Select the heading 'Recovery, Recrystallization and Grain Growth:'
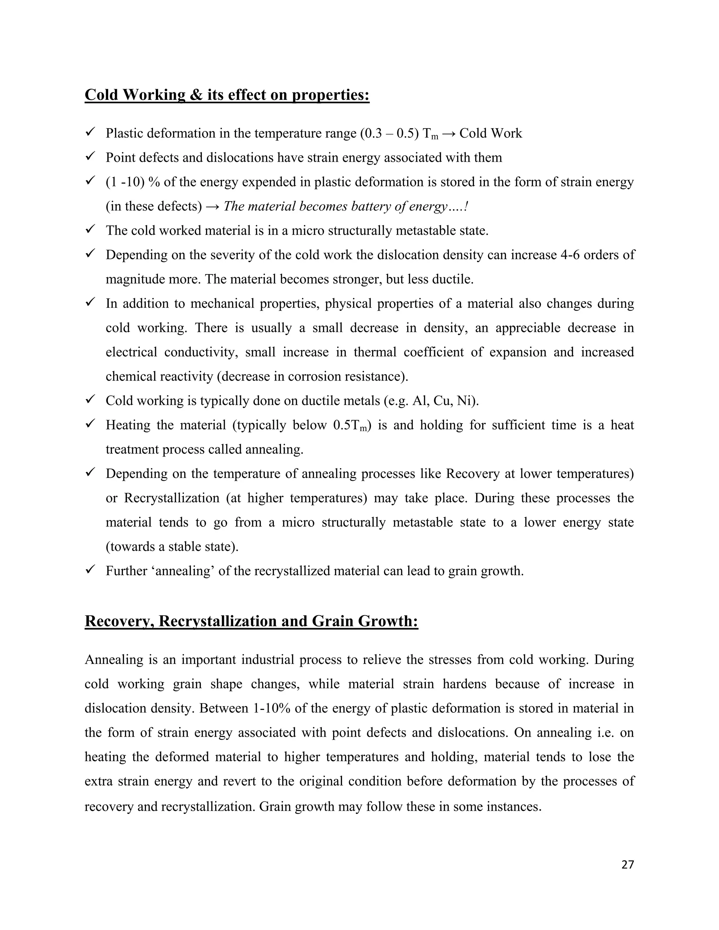[x=251, y=621]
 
